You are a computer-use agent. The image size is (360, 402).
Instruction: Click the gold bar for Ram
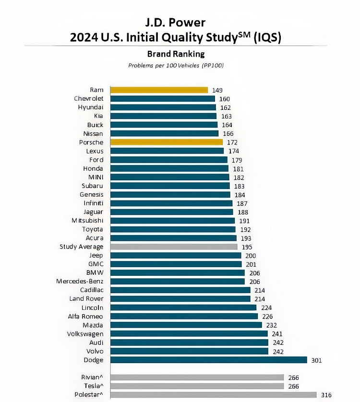(159, 90)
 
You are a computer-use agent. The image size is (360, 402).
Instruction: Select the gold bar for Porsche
(167, 142)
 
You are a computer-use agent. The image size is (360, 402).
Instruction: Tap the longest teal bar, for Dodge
(208, 360)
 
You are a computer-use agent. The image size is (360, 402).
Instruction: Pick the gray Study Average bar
(174, 247)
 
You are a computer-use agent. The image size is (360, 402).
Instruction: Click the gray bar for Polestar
(213, 395)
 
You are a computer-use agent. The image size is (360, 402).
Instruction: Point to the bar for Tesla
(197, 386)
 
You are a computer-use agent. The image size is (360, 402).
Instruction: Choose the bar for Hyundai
(163, 107)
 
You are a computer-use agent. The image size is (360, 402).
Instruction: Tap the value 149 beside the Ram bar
(217, 90)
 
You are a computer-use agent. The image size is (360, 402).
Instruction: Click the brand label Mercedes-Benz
(80, 281)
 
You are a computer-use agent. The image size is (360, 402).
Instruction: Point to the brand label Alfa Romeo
(85, 316)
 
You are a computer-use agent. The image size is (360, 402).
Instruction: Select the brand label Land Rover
(86, 299)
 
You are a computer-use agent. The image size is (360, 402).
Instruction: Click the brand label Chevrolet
(88, 99)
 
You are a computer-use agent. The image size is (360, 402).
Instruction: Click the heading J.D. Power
(176, 22)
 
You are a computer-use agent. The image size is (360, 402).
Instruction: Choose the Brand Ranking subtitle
(176, 54)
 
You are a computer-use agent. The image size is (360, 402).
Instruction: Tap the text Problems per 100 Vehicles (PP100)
(176, 65)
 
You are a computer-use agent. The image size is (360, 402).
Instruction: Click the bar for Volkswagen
(189, 334)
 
